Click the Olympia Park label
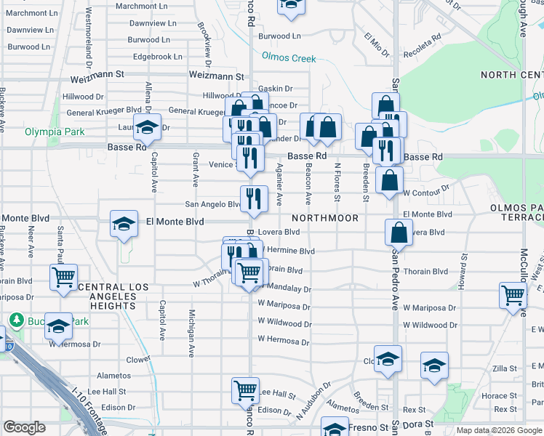click(x=55, y=132)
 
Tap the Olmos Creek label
click(x=289, y=57)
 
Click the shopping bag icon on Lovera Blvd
click(x=399, y=233)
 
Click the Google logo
click(x=24, y=427)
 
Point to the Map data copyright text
click(x=499, y=431)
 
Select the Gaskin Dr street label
click(x=275, y=89)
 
